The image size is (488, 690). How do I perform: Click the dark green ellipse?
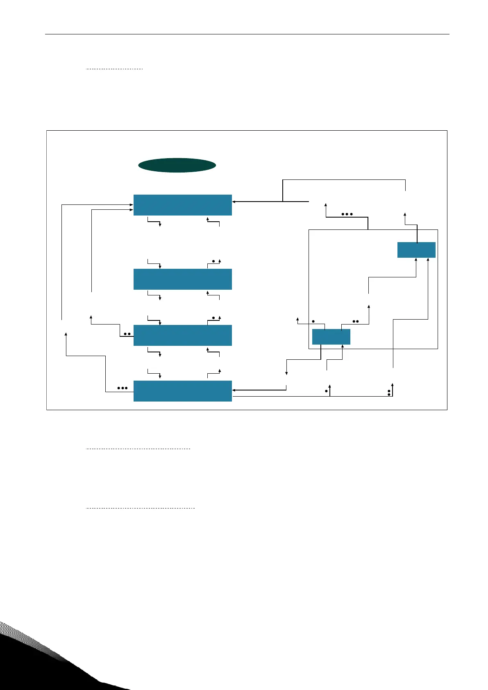coord(177,165)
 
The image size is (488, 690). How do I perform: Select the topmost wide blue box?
coord(182,205)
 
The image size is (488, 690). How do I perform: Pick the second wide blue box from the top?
coord(182,279)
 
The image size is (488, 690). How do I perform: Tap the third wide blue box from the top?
coord(182,335)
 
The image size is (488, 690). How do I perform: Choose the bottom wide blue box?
coord(182,391)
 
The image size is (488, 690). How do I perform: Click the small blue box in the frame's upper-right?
coord(416,250)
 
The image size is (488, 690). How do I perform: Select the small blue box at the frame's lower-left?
coord(331,337)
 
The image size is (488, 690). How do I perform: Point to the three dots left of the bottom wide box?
coord(123,388)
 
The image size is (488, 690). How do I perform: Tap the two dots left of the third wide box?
coord(127,334)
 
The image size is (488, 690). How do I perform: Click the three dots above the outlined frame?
coord(347,214)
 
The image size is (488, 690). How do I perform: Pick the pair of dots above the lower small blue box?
coord(356,321)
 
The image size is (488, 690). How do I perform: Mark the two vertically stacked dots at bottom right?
coord(389,393)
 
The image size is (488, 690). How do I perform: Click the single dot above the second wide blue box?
coord(213,261)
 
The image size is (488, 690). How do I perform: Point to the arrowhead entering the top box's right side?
coord(234,202)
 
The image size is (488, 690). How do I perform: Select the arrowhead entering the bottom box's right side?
coord(234,390)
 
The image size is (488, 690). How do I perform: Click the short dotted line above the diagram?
coord(114,69)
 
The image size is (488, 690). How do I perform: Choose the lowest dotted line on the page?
coord(140,508)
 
